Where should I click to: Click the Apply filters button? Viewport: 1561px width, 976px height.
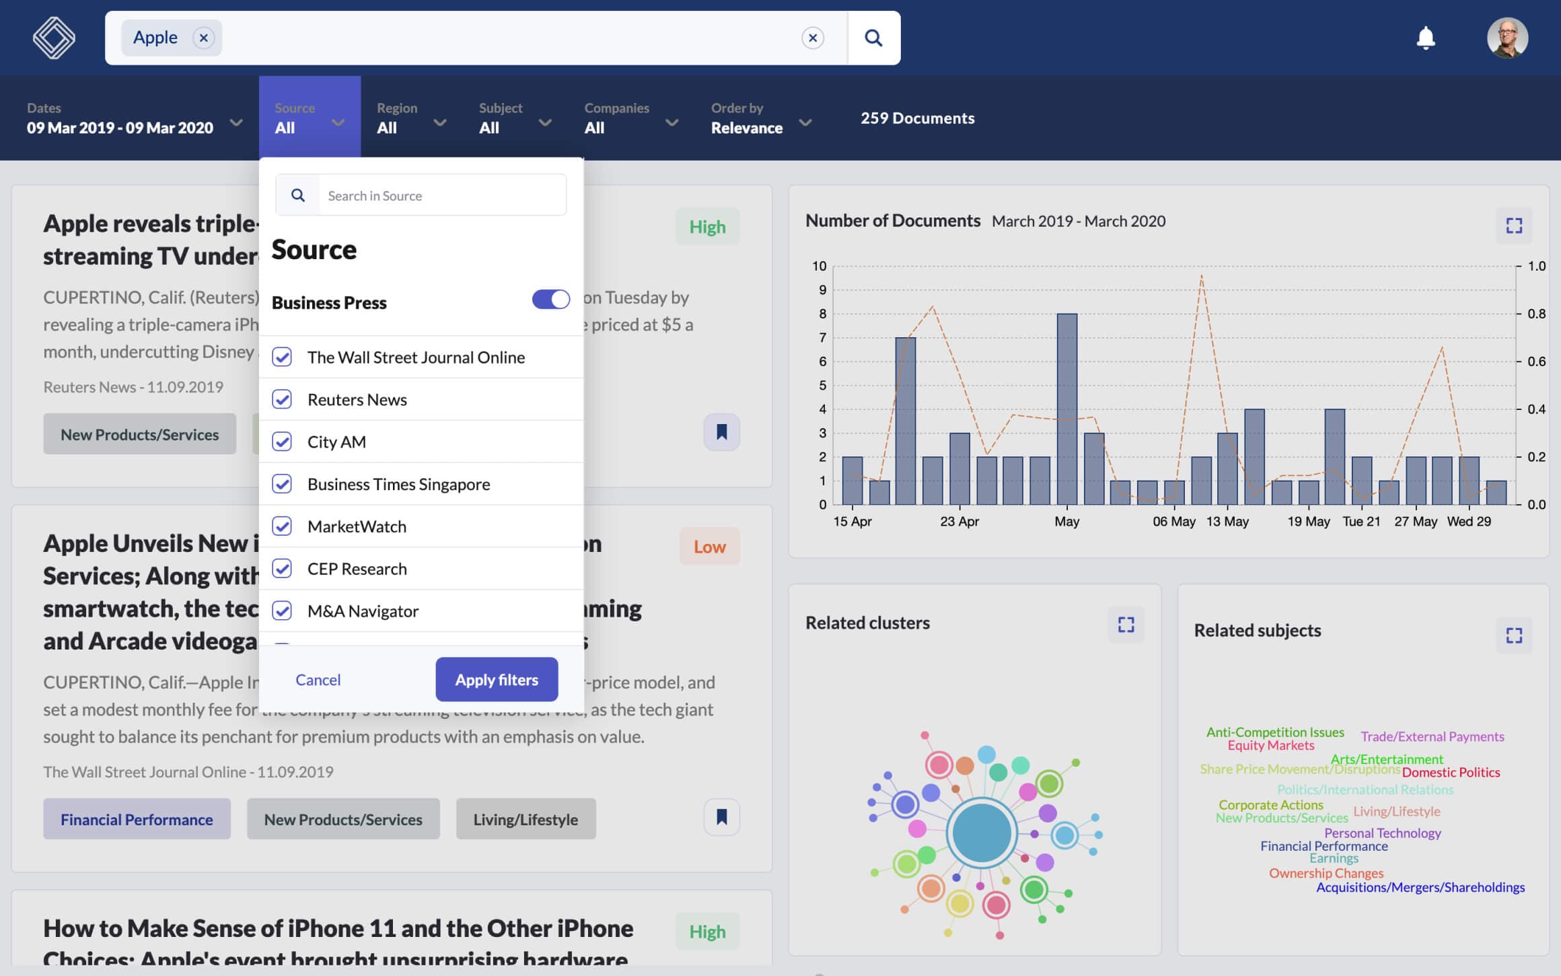click(x=497, y=680)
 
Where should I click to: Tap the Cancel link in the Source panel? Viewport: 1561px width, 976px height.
click(x=318, y=680)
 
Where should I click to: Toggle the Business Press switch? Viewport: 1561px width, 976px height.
click(x=550, y=300)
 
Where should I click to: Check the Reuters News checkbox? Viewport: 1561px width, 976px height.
click(x=282, y=400)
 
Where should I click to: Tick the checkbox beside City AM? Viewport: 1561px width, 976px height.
click(x=282, y=442)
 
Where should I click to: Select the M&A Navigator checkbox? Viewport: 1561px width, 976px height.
click(x=282, y=611)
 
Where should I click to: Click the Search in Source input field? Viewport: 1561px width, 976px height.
click(x=441, y=196)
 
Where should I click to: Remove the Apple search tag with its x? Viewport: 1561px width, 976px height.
click(x=204, y=38)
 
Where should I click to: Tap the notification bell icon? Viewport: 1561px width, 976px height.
click(x=1426, y=38)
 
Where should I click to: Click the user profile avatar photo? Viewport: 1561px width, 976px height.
click(x=1507, y=38)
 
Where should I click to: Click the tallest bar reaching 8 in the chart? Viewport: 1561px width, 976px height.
click(x=1066, y=409)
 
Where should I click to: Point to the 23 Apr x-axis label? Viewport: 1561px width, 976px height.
click(x=959, y=522)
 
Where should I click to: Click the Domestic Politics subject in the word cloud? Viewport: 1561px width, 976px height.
click(x=1451, y=773)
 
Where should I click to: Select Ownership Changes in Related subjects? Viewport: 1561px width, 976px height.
click(x=1326, y=874)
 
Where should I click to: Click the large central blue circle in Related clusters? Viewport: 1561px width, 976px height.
click(x=982, y=833)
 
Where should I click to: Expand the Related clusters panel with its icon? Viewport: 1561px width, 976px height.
click(x=1126, y=625)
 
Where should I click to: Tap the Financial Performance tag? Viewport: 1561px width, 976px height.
click(x=137, y=819)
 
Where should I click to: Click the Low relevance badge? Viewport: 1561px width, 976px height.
click(x=709, y=547)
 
